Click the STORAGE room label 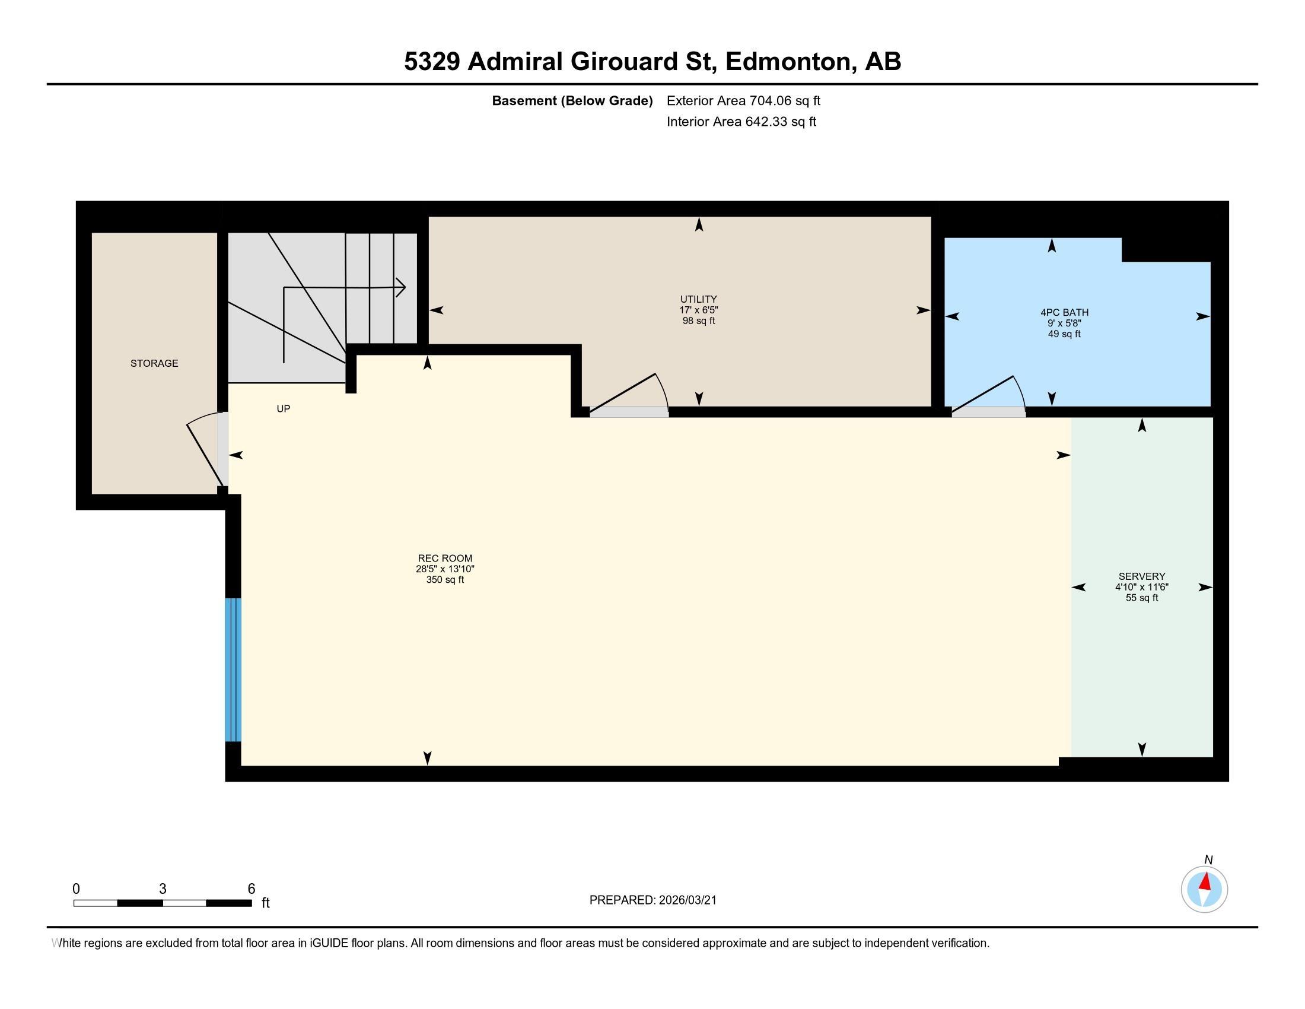click(154, 363)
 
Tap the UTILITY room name click(699, 300)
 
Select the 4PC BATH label click(1064, 313)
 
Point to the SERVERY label click(1142, 577)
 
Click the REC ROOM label click(445, 559)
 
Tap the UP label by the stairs click(283, 409)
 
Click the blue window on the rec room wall click(233, 670)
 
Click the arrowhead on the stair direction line click(401, 287)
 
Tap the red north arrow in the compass click(1206, 881)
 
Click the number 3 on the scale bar click(163, 889)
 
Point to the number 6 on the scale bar click(252, 889)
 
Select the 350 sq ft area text click(445, 580)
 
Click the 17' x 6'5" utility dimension click(699, 310)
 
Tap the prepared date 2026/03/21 click(687, 900)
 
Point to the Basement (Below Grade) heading click(572, 101)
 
